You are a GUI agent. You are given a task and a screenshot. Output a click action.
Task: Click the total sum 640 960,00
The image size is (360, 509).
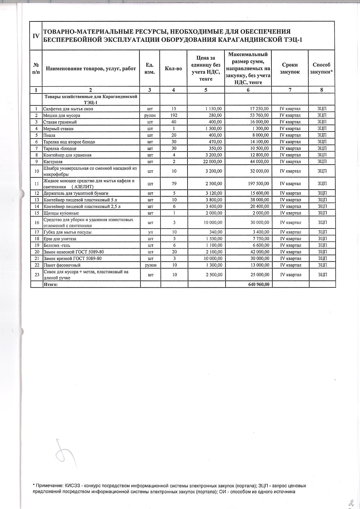click(259, 284)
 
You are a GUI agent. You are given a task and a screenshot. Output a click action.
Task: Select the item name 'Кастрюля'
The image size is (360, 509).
click(53, 162)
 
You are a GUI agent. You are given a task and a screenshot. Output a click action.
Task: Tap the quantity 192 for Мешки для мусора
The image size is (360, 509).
click(174, 115)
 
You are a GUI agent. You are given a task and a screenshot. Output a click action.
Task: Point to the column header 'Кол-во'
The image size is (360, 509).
click(173, 69)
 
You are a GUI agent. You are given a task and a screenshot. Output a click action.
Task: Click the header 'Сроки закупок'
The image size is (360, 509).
click(290, 68)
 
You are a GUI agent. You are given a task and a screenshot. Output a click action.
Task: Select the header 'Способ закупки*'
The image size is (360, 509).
click(321, 68)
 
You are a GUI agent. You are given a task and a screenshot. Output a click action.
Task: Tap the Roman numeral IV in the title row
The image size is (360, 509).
click(36, 36)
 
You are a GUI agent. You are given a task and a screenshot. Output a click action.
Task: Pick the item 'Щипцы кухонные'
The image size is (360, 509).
click(61, 213)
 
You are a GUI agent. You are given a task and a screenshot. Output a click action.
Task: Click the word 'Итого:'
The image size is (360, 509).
click(51, 285)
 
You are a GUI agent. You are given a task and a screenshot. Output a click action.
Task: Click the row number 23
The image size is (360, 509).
click(37, 275)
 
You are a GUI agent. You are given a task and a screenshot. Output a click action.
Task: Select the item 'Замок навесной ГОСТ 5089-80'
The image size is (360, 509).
click(73, 252)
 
